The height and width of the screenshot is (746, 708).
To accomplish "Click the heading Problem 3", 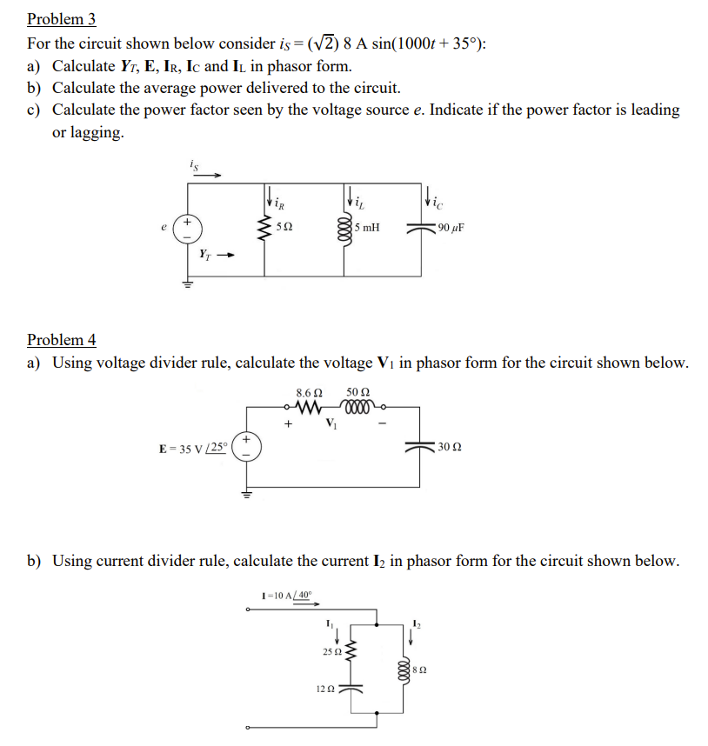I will point(61,19).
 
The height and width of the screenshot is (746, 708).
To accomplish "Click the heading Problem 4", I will point(61,339).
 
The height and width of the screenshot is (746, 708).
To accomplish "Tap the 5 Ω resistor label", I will point(284,227).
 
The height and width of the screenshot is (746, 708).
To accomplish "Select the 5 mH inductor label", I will point(366,229).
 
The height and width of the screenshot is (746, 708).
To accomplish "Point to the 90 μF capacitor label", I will point(451,229).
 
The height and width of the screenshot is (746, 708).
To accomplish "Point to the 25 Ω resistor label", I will point(331,651).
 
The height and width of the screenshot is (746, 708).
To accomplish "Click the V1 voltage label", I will point(331,424).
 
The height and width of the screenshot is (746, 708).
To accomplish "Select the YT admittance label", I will point(204,254).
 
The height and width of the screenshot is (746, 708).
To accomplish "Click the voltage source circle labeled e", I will point(186,229).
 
